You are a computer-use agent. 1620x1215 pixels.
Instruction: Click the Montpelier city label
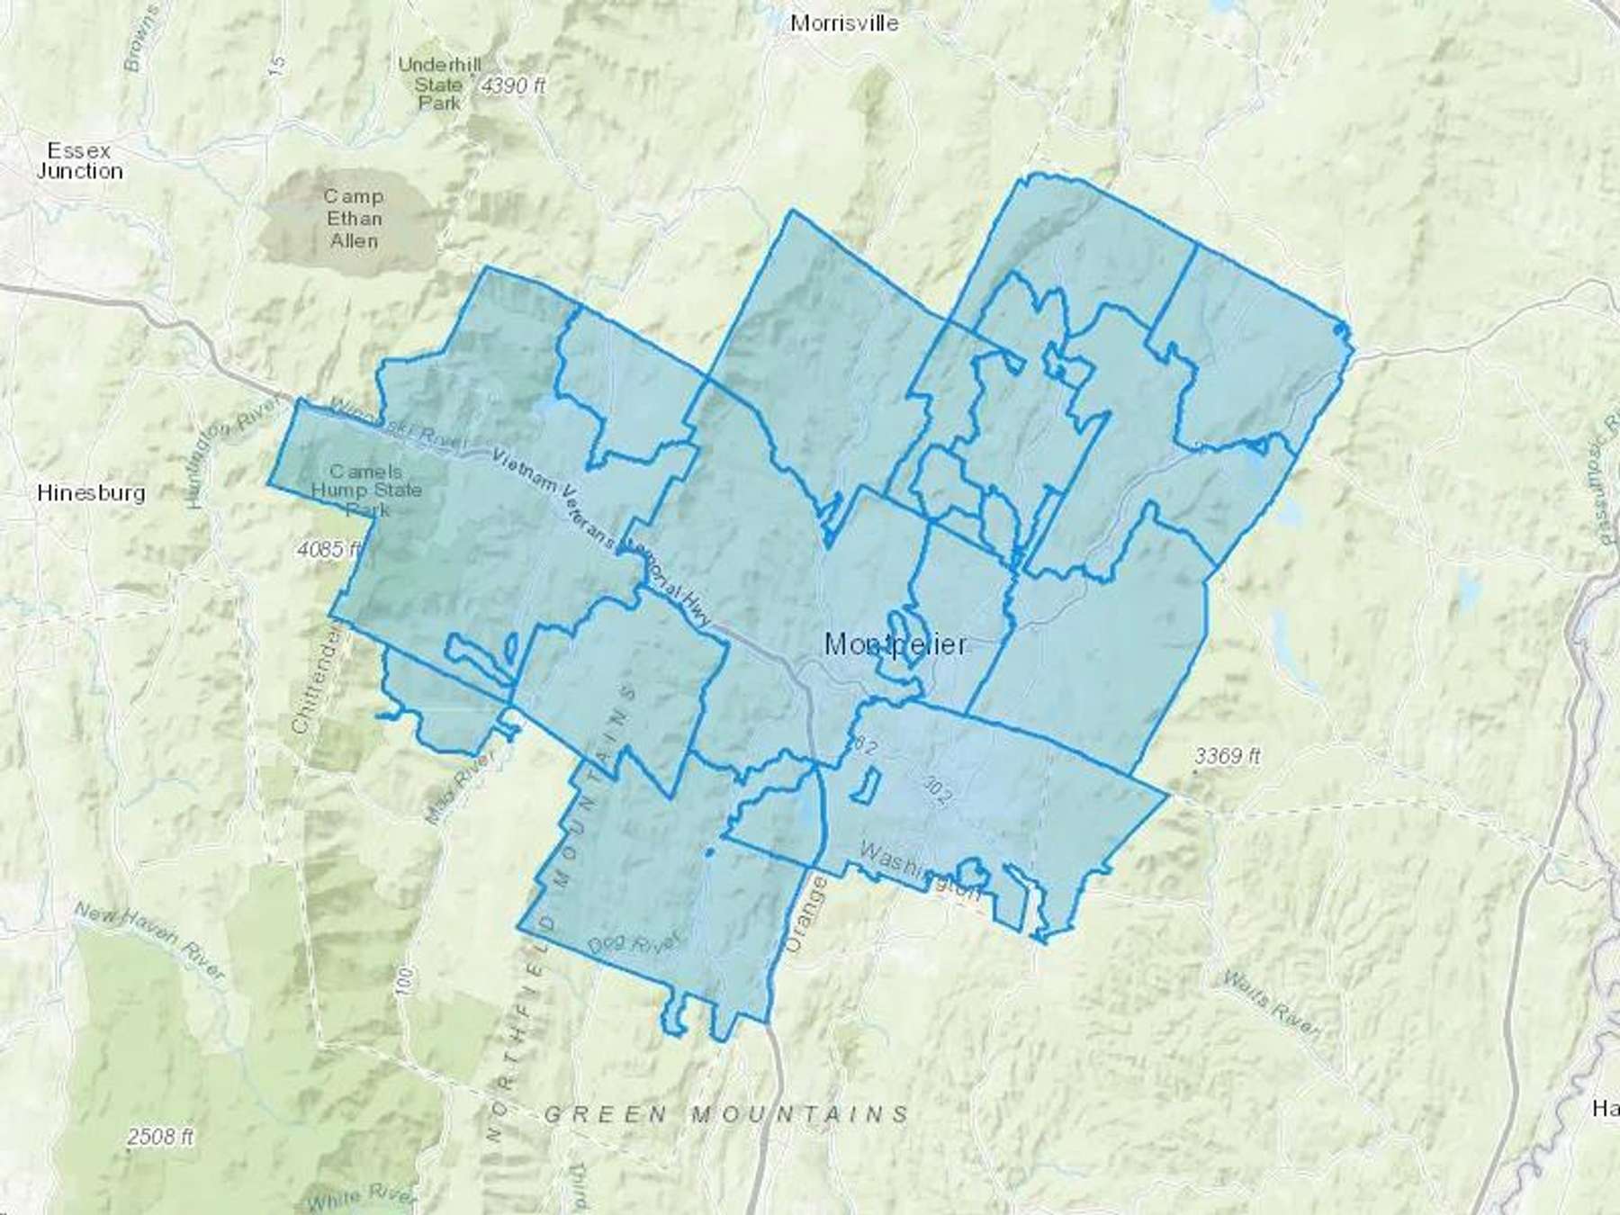895,644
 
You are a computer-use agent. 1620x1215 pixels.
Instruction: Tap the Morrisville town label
843,23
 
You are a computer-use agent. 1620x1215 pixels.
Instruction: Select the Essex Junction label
79,160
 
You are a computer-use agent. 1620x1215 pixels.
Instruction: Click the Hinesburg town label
91,493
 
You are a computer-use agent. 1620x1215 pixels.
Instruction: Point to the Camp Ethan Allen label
354,219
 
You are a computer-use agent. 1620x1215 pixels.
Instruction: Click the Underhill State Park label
439,84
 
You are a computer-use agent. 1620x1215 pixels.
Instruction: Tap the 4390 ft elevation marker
513,86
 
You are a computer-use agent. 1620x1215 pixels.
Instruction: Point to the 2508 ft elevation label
160,1137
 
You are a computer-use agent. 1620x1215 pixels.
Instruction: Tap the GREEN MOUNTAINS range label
726,1115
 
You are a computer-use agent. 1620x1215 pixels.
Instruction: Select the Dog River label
634,943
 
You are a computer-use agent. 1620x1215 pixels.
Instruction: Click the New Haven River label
148,940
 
